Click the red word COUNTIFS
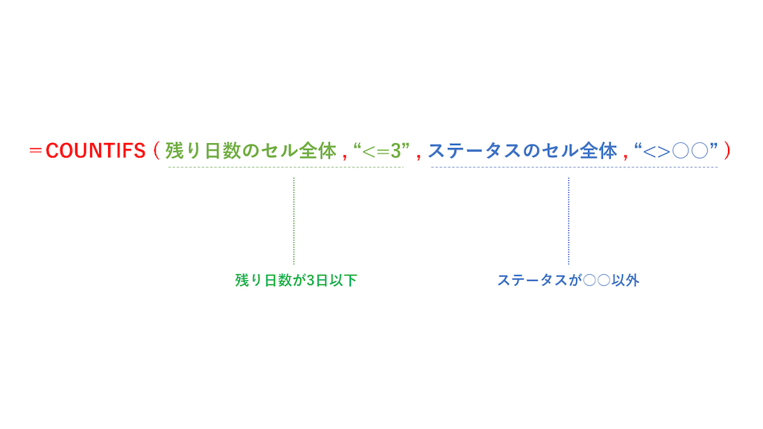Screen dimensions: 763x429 [x=95, y=150]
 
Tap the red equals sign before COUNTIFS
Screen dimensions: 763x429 [x=36, y=150]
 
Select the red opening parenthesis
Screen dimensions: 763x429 [x=156, y=150]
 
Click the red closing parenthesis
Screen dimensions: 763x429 [x=727, y=150]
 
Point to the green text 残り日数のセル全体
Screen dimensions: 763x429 [x=250, y=150]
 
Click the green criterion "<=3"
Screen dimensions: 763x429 [x=381, y=150]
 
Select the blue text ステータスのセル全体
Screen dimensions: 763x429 [x=522, y=150]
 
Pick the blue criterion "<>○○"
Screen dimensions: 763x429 [x=677, y=150]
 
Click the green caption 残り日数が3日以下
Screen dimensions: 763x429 [x=296, y=280]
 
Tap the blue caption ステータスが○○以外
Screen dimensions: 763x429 [x=568, y=280]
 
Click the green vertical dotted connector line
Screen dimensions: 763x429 [x=294, y=220]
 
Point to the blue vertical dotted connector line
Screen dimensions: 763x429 [x=569, y=220]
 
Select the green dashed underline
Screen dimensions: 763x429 [x=285, y=168]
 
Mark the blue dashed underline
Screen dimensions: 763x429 [x=574, y=168]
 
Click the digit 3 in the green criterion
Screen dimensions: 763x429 [x=396, y=151]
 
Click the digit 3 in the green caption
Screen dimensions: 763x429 [x=311, y=281]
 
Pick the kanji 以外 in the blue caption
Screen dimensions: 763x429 [x=625, y=280]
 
